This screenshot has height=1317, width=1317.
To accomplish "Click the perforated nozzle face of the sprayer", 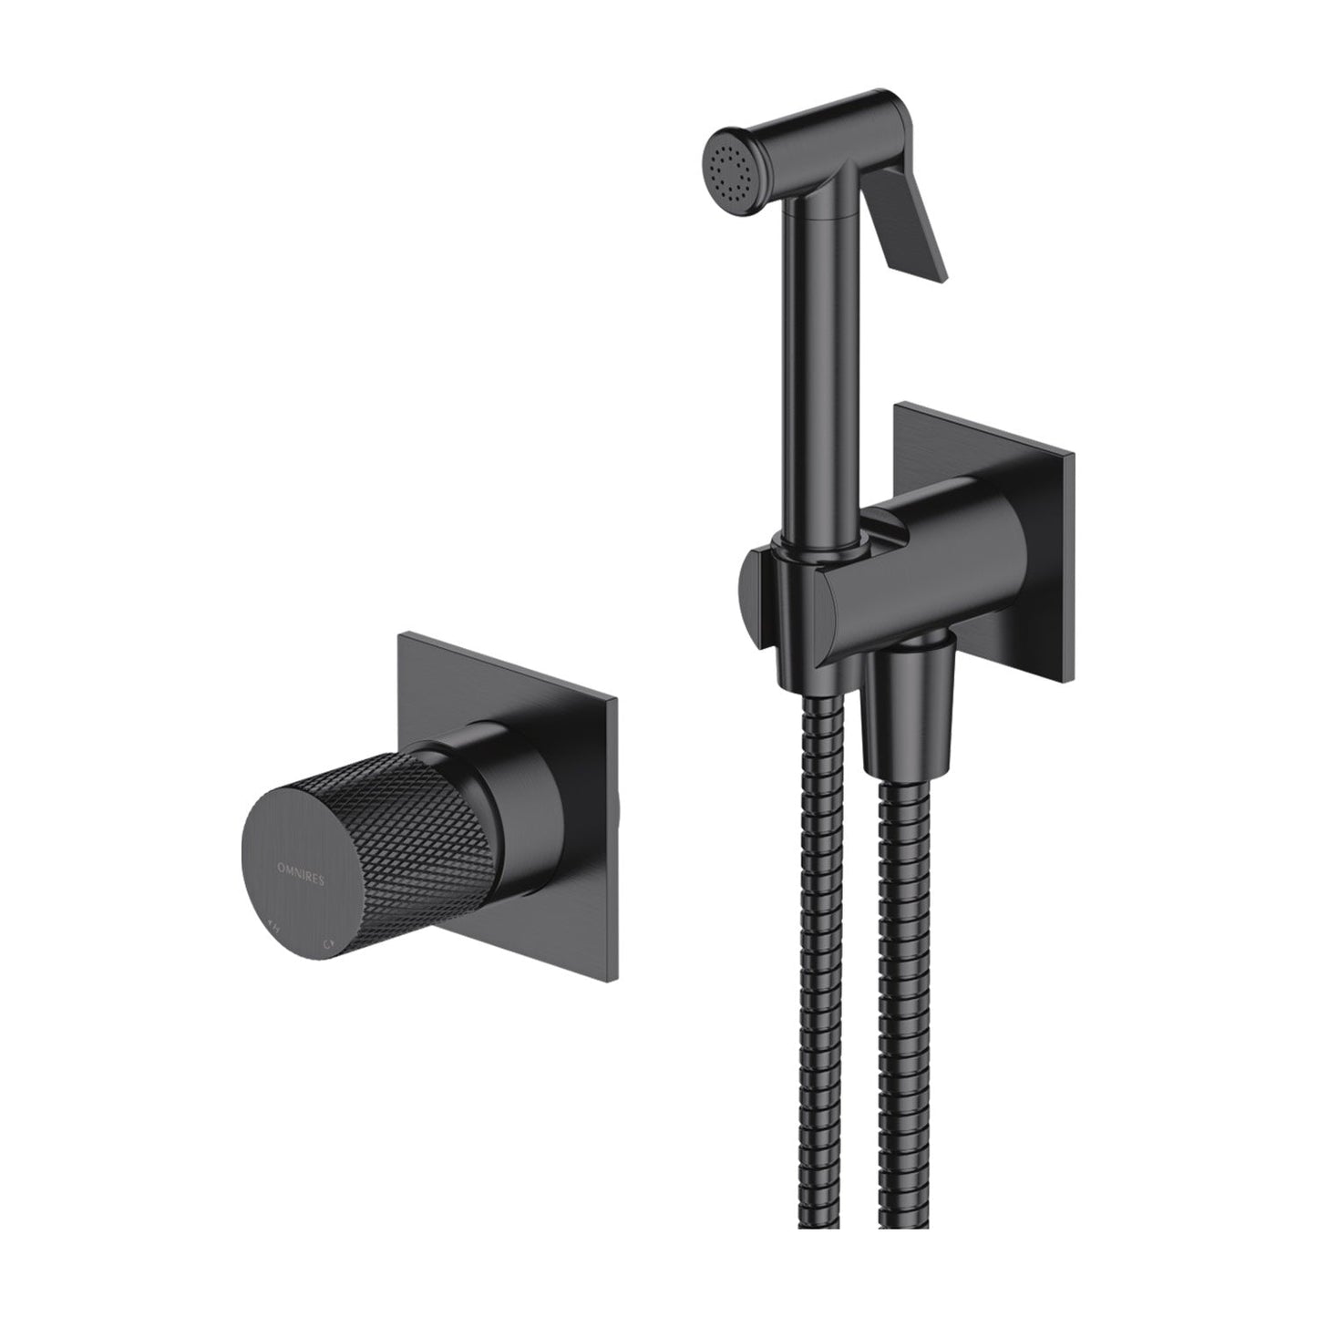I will pyautogui.click(x=732, y=163).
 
